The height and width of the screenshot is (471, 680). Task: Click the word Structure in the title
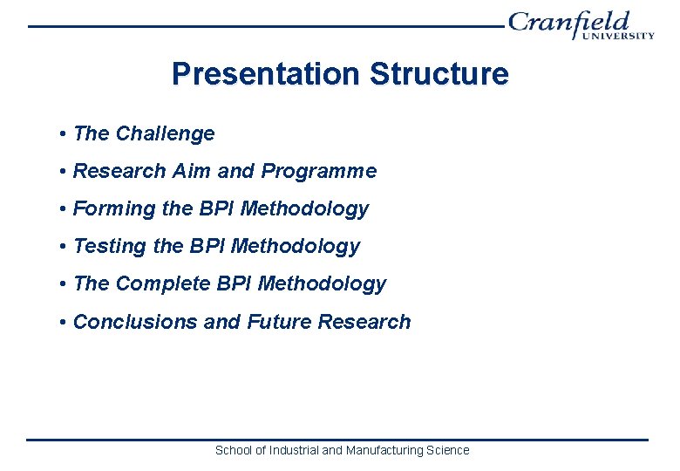[439, 74]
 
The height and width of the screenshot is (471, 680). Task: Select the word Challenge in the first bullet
[165, 133]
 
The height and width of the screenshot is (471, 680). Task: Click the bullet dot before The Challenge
[64, 134]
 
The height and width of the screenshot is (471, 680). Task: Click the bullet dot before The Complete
[64, 284]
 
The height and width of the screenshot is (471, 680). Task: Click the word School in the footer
[233, 450]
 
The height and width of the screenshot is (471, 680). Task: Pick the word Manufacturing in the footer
[384, 450]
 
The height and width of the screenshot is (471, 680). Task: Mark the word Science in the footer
[448, 450]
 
